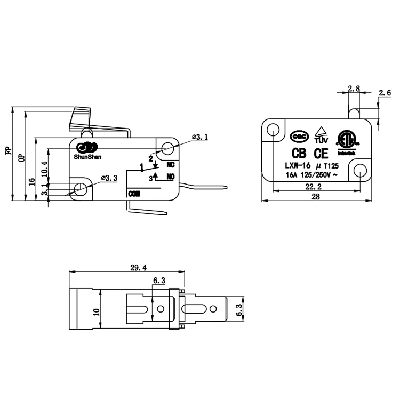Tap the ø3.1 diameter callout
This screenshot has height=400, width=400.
(199, 138)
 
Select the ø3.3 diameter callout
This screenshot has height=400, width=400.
(109, 177)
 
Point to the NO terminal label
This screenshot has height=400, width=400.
(171, 177)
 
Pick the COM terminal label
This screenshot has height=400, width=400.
(133, 195)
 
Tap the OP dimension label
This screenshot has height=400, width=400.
(22, 157)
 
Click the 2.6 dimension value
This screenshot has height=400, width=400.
(384, 93)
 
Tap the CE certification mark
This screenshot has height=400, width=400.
(321, 154)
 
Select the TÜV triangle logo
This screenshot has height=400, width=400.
(321, 135)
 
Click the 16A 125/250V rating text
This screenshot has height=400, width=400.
(311, 174)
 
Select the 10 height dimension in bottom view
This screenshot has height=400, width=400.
(97, 312)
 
